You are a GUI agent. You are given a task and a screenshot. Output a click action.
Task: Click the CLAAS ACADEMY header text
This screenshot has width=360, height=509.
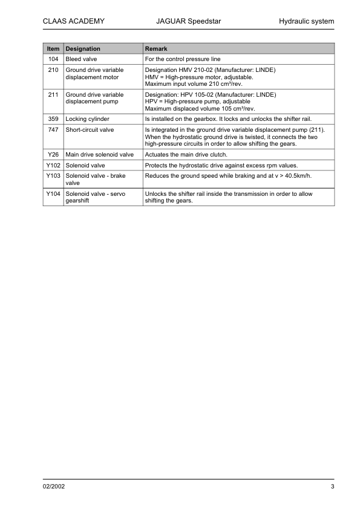pos(74,22)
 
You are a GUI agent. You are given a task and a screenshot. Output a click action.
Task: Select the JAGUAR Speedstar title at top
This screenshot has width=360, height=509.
pos(188,22)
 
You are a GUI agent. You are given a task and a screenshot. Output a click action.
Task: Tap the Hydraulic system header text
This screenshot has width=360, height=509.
pos(306,22)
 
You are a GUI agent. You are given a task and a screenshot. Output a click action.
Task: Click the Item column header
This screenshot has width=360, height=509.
pos(53,48)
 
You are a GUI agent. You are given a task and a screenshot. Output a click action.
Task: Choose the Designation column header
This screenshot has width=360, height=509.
pos(83,48)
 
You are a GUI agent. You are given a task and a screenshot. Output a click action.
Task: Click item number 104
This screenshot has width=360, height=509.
pos(53,59)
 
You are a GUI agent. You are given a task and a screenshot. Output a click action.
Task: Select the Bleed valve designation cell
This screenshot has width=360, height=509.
pos(81,59)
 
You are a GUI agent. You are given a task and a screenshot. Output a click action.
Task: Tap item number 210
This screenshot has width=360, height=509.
pos(53,70)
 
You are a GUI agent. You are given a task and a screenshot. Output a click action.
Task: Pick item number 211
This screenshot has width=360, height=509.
pos(53,95)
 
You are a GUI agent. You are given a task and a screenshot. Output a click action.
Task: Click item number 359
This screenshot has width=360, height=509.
pos(53,119)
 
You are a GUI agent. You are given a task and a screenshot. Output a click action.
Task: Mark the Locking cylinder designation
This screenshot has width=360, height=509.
pos(87,119)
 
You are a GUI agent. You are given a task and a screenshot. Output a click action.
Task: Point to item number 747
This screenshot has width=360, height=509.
pos(53,129)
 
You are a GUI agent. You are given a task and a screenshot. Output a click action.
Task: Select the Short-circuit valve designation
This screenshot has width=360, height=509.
pos(90,129)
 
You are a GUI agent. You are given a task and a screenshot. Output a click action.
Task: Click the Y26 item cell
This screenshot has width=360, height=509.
pos(53,155)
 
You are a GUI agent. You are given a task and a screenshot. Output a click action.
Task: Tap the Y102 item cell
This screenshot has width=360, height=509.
pos(53,165)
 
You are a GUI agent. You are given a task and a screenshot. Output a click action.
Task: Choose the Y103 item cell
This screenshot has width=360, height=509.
pos(53,175)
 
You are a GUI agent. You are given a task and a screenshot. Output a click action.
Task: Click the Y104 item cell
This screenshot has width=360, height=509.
pos(53,194)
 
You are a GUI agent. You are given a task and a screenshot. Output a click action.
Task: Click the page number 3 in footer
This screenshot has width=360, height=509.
pos(332,487)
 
